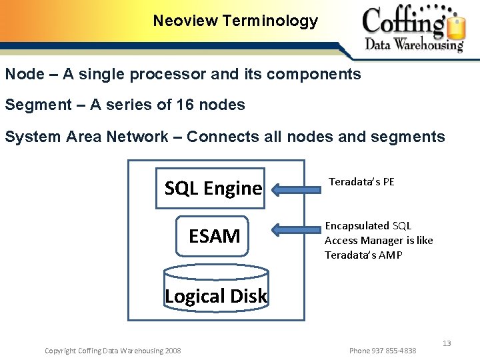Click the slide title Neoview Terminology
point(235,21)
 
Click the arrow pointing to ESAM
point(296,231)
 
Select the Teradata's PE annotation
point(361,181)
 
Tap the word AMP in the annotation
point(391,255)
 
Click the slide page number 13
point(447,343)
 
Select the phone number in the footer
point(383,351)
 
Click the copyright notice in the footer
point(112,351)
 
